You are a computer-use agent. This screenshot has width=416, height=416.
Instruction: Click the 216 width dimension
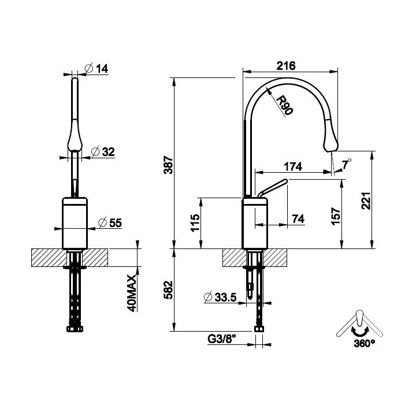click(x=286, y=65)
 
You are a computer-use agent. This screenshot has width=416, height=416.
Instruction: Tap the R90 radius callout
click(x=284, y=106)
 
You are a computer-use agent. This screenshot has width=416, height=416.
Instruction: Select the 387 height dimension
click(x=168, y=165)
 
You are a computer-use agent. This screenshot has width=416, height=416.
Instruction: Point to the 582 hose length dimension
click(x=168, y=289)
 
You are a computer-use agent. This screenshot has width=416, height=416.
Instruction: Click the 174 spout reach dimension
click(x=293, y=166)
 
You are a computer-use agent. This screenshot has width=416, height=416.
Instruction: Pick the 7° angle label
click(x=346, y=165)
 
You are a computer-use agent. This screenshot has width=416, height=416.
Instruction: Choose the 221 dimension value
click(x=366, y=201)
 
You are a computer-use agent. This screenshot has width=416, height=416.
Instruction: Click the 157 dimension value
click(x=336, y=217)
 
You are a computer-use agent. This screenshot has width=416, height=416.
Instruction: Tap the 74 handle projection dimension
click(x=298, y=219)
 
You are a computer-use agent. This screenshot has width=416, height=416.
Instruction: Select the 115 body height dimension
click(x=195, y=223)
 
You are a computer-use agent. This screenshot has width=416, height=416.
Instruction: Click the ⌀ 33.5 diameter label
click(x=220, y=297)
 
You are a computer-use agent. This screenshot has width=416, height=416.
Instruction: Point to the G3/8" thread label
click(x=222, y=339)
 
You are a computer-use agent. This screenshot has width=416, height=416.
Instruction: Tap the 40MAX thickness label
click(x=132, y=293)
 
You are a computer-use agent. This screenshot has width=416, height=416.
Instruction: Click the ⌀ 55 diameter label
click(x=110, y=222)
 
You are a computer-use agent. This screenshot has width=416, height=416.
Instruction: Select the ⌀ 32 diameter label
click(x=103, y=151)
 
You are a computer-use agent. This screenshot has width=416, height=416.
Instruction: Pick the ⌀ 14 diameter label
click(x=96, y=68)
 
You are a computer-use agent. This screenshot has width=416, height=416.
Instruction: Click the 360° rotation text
click(x=364, y=344)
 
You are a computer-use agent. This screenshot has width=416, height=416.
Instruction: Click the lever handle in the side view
click(x=273, y=188)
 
